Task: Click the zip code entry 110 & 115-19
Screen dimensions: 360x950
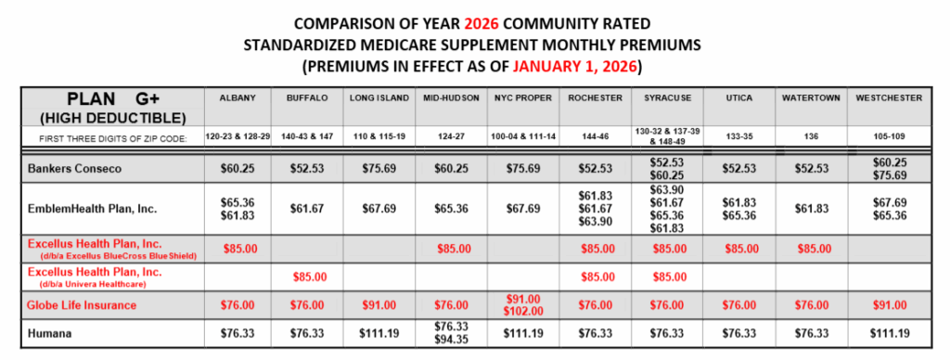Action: pos(374,136)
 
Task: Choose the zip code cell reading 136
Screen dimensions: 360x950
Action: pos(805,136)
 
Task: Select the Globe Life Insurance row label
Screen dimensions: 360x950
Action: pos(83,304)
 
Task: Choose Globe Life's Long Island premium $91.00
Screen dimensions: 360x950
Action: pos(374,304)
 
